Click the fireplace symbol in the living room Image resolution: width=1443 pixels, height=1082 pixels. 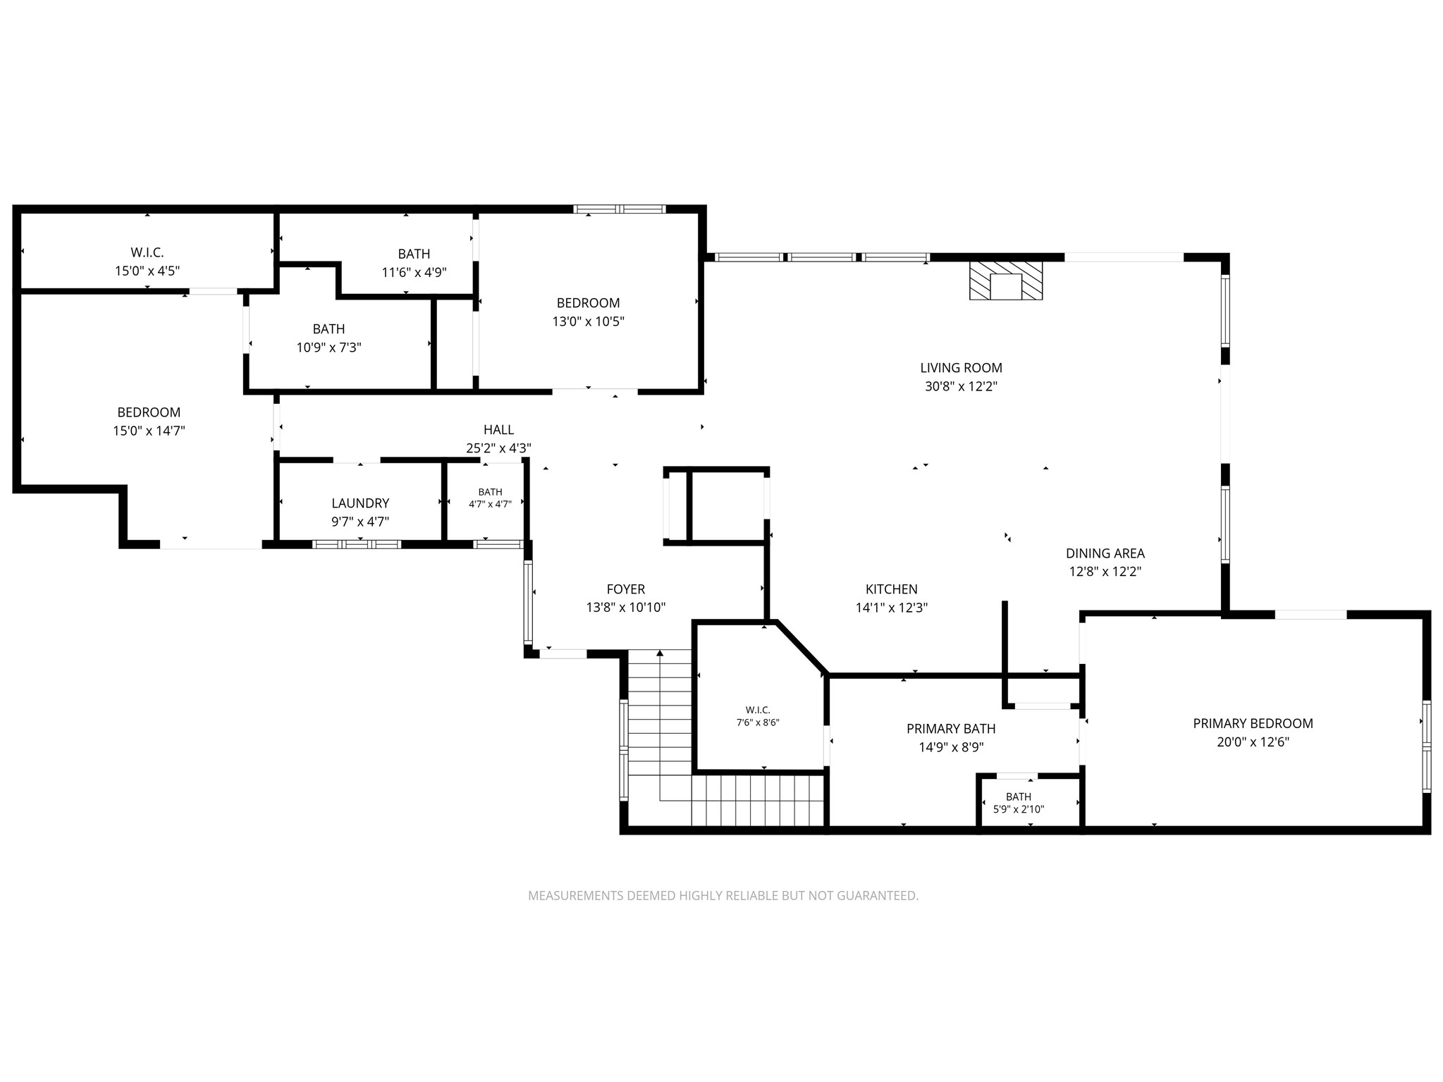click(1006, 281)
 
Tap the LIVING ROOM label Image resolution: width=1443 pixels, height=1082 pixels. click(961, 368)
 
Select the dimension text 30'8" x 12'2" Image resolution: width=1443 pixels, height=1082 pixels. click(961, 386)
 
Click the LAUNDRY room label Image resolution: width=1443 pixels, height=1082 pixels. click(360, 503)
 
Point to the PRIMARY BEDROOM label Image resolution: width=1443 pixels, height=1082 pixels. click(1253, 723)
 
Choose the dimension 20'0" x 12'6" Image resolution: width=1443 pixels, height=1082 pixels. click(1253, 742)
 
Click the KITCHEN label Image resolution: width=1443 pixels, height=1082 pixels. click(892, 589)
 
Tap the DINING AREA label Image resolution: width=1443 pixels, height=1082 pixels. click(1105, 553)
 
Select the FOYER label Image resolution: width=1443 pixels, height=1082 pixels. click(626, 589)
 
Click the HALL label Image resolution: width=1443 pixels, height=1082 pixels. click(498, 429)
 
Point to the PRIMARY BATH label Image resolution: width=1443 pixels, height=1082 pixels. click(951, 729)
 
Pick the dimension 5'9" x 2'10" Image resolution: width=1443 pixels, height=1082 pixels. click(1019, 809)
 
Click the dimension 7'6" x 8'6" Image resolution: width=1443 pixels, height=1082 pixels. click(758, 723)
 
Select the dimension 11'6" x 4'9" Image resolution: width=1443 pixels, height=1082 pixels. click(414, 272)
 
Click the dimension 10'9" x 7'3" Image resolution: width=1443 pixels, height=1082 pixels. click(328, 348)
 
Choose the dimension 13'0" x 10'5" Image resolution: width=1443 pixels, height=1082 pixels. click(588, 321)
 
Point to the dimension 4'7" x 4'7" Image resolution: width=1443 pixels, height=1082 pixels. click(490, 504)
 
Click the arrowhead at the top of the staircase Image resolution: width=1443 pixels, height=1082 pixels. click(660, 653)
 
